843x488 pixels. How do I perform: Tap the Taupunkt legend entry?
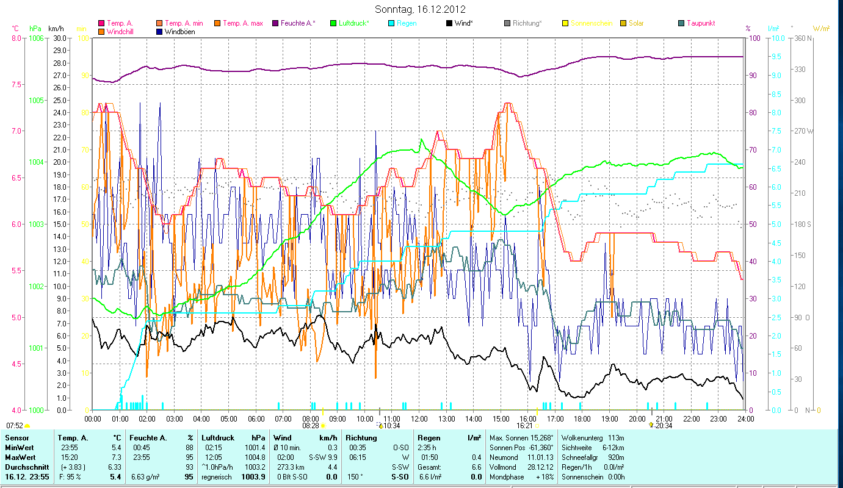pos(700,23)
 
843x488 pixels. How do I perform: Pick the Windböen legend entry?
pos(179,31)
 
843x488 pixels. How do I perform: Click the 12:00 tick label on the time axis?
pos(419,418)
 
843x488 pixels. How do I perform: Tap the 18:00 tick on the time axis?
pos(582,418)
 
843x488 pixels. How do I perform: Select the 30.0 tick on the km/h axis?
pos(59,38)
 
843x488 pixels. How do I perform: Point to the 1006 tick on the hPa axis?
pos(35,38)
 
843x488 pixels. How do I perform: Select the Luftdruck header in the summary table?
pos(218,437)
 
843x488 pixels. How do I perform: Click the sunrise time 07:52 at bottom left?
pos(15,425)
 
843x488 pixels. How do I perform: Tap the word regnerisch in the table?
pos(217,476)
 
